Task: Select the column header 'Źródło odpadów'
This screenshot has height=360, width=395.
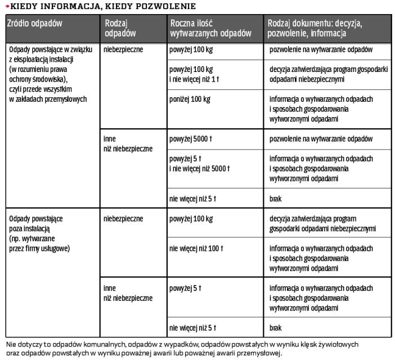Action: [x=34, y=23]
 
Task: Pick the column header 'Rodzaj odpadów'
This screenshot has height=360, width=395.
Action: [x=120, y=28]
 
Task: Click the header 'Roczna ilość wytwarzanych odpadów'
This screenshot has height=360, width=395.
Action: [x=210, y=28]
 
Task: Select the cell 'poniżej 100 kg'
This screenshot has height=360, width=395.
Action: [x=190, y=99]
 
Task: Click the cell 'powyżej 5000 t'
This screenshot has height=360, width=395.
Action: [x=191, y=138]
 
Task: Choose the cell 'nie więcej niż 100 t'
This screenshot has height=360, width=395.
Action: [x=196, y=248]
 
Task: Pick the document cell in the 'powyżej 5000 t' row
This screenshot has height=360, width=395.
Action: [x=321, y=138]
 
